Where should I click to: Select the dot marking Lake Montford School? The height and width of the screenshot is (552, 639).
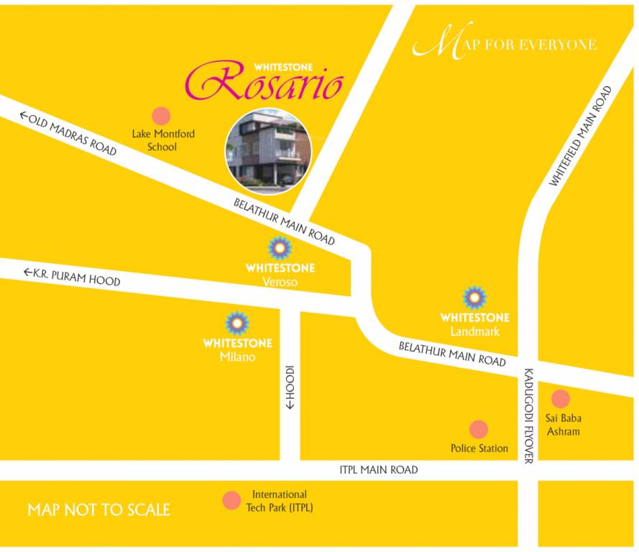161,116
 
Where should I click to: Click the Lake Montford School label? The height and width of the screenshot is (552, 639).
162,140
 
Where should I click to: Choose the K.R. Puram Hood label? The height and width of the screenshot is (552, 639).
72,277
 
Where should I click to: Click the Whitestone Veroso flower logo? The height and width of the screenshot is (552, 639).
280,249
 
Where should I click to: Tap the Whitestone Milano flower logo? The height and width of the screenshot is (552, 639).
237,323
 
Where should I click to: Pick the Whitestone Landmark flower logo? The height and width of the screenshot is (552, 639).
474,297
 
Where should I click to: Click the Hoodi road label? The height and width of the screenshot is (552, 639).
290,387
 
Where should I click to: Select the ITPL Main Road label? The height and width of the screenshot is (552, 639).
378,470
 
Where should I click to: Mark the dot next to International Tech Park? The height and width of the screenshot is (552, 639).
231,500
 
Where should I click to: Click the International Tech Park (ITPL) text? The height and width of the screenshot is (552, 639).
280,501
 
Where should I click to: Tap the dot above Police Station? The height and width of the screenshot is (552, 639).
479,430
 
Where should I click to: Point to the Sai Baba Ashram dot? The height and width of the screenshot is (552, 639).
561,399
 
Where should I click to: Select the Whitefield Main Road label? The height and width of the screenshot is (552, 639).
580,137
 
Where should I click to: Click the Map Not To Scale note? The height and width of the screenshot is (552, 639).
98,510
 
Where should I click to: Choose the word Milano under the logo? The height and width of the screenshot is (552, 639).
237,357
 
